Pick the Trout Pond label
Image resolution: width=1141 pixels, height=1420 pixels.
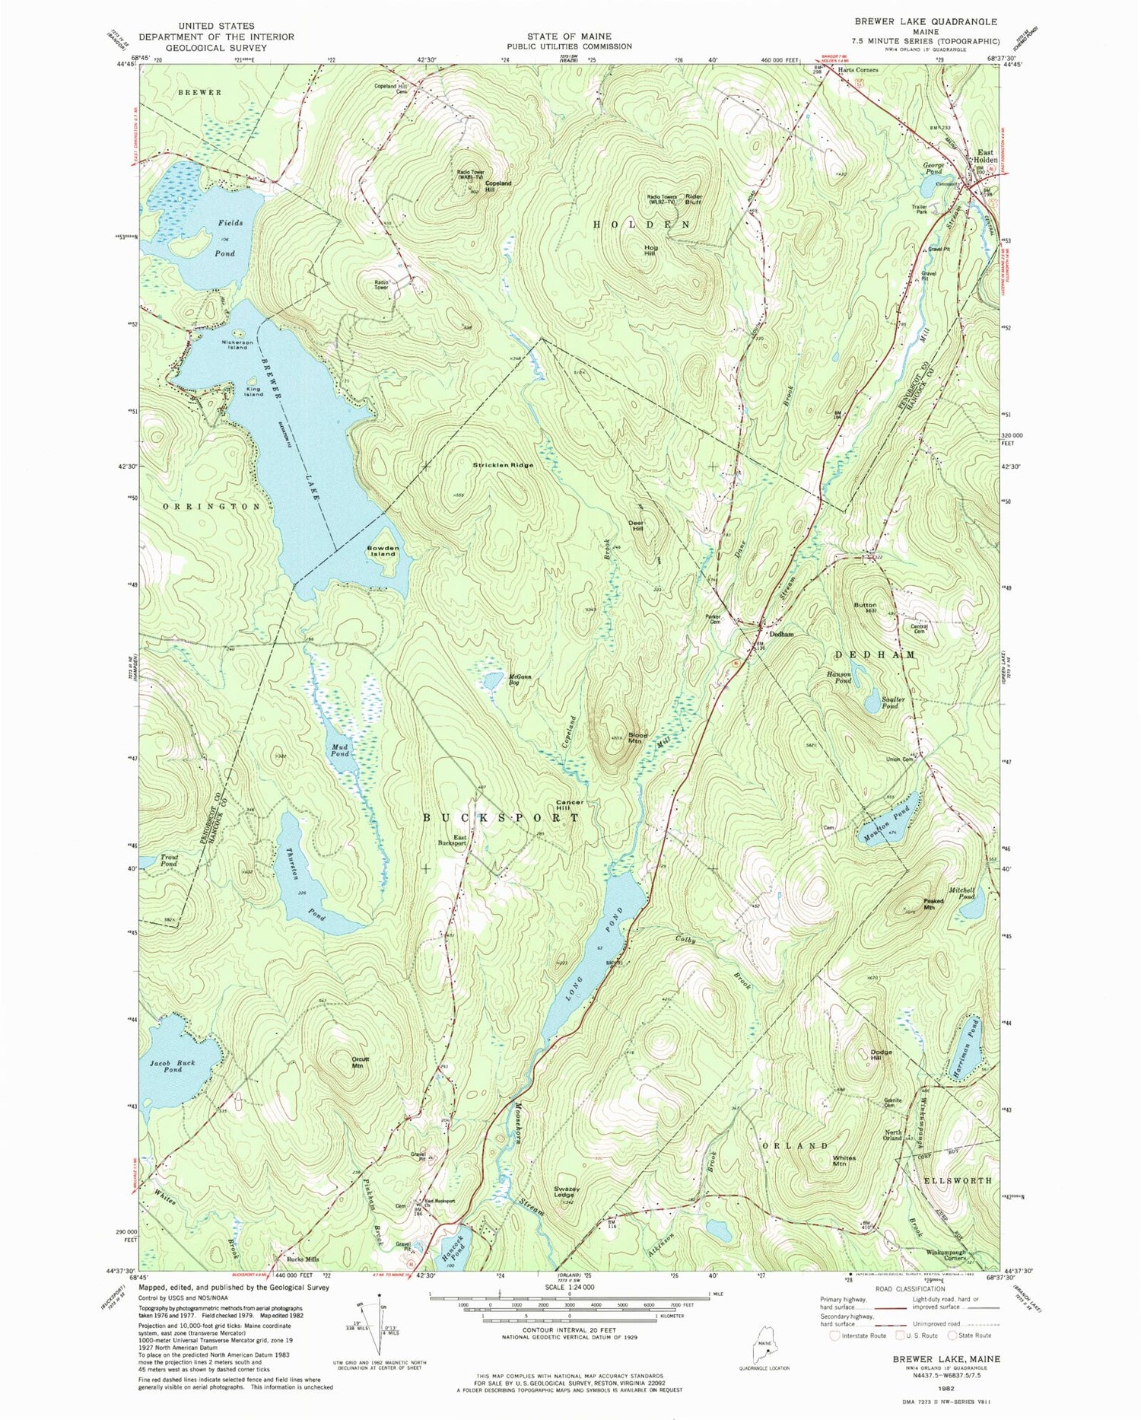(x=169, y=860)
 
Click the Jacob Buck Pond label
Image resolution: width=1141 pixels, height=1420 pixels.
(x=173, y=1065)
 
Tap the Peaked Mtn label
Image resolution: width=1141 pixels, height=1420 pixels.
(x=933, y=904)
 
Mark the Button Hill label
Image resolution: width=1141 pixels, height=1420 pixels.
(x=865, y=607)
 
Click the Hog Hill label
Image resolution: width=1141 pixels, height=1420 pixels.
(x=650, y=250)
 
